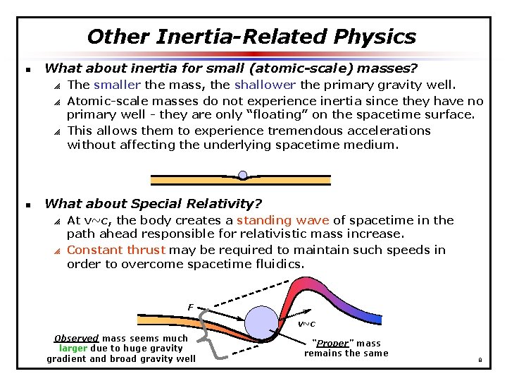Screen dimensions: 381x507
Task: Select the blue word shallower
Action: coord(263,85)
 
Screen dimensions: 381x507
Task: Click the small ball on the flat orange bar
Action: coord(242,174)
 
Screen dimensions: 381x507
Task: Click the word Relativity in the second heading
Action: coord(227,204)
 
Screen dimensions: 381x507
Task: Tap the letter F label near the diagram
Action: coord(189,306)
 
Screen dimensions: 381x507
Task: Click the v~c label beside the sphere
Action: coord(306,324)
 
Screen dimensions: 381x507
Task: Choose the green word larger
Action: coord(73,348)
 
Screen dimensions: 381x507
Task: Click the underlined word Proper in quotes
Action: coord(332,344)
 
